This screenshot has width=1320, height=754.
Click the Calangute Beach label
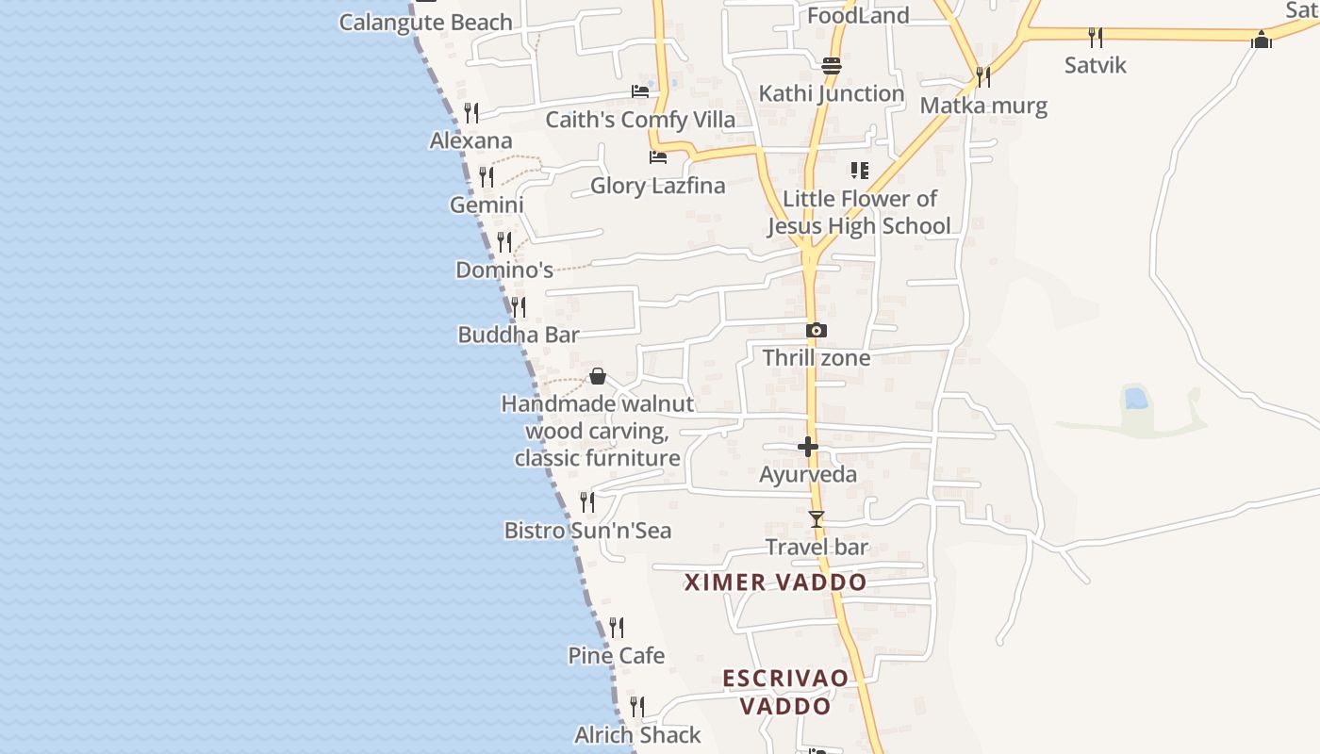click(x=425, y=22)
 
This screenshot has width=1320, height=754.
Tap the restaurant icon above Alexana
click(x=471, y=113)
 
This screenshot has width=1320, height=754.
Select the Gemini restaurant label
click(x=487, y=205)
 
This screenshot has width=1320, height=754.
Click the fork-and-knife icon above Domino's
click(x=504, y=242)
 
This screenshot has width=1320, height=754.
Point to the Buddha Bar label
click(x=518, y=335)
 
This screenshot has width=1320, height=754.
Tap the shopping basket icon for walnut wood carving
click(x=597, y=376)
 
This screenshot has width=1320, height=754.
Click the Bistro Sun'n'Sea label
click(x=587, y=531)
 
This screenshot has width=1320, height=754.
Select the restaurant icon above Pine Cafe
click(x=617, y=627)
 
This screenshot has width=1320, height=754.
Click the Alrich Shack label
click(x=637, y=734)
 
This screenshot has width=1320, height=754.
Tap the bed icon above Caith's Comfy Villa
click(x=640, y=91)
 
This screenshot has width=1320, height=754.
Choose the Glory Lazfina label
click(x=657, y=186)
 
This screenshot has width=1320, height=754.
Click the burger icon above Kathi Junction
click(x=831, y=65)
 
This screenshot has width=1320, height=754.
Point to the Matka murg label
click(x=983, y=105)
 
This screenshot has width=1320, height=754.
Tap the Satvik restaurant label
click(x=1095, y=65)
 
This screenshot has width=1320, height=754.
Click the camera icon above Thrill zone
click(x=817, y=330)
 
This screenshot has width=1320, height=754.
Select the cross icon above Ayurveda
click(x=808, y=447)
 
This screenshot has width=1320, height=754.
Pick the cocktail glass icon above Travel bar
click(x=817, y=519)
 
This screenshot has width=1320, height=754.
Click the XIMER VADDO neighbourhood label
click(x=775, y=582)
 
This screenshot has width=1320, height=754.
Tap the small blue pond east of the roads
click(x=1135, y=398)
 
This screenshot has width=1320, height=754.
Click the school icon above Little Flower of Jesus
click(x=859, y=171)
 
